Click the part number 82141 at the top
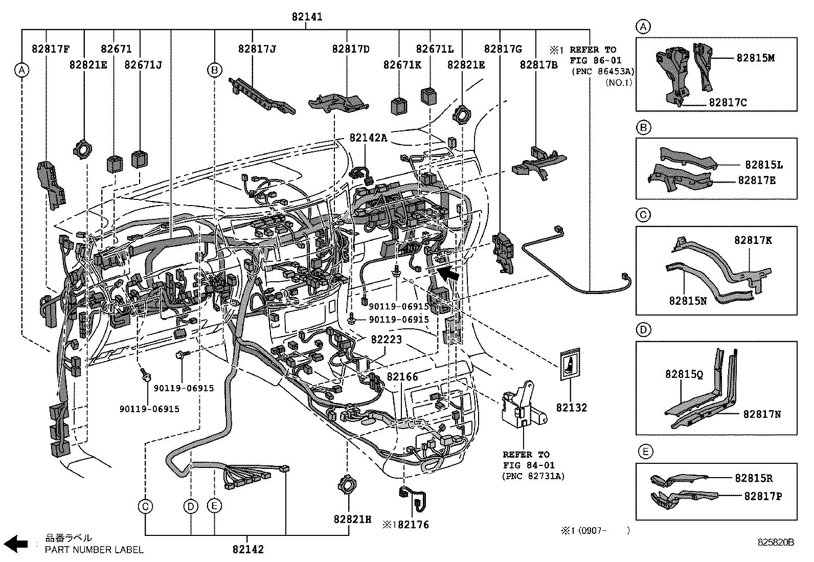[307, 17]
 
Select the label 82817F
[51, 49]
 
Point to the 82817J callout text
[257, 49]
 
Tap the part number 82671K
[402, 65]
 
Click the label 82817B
[538, 65]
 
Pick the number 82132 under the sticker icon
[572, 408]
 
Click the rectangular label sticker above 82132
[570, 364]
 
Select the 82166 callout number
[402, 376]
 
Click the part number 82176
[414, 525]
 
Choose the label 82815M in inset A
[756, 58]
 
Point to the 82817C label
[728, 102]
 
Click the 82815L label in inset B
[764, 165]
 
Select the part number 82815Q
[684, 374]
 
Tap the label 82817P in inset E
[763, 496]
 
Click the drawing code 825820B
[776, 543]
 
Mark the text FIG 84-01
[529, 465]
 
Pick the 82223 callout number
[386, 339]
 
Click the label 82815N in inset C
[688, 301]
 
